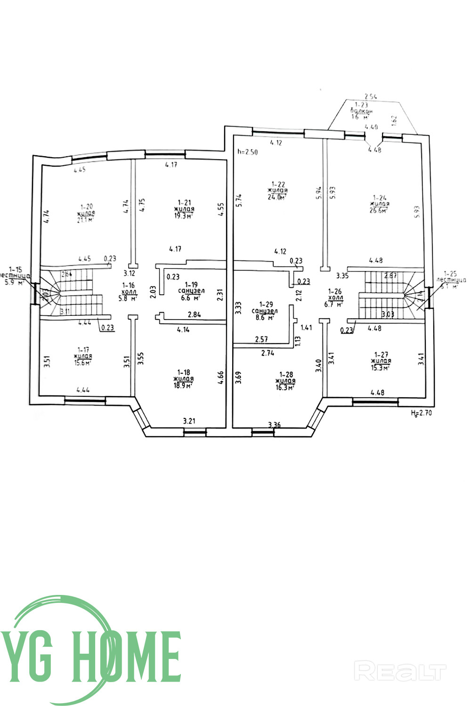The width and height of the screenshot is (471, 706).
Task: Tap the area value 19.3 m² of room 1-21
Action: pyautogui.click(x=184, y=216)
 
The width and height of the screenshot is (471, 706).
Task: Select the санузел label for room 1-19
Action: pyautogui.click(x=191, y=291)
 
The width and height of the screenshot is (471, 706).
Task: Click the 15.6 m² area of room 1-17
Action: pyautogui.click(x=83, y=362)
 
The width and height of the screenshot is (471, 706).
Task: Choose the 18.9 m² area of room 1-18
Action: pyautogui.click(x=184, y=385)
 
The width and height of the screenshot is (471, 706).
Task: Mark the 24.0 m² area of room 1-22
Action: pyautogui.click(x=278, y=197)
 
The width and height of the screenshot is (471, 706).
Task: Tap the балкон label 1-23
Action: pyautogui.click(x=361, y=111)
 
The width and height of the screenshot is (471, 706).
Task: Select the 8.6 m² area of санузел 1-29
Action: pyautogui.click(x=265, y=318)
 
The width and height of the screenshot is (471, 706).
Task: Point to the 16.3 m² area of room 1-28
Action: pyautogui.click(x=285, y=387)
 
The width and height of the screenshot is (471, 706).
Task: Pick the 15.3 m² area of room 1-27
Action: pyautogui.click(x=381, y=368)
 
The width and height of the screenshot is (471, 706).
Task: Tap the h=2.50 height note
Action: pyautogui.click(x=248, y=152)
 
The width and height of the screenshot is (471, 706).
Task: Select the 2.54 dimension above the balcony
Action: pyautogui.click(x=372, y=96)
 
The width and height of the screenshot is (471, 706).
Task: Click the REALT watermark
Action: pyautogui.click(x=400, y=672)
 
